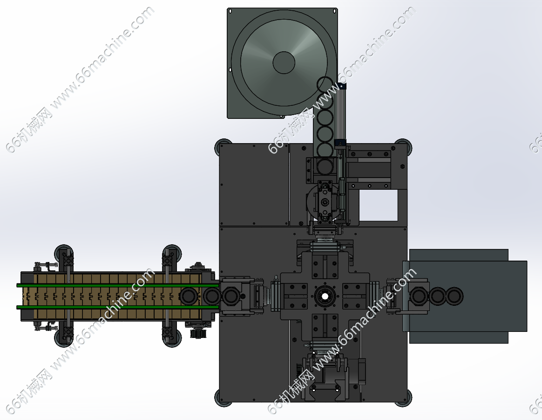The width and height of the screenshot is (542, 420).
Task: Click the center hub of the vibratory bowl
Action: [x=284, y=62]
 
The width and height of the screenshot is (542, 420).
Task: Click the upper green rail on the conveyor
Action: [x=118, y=285]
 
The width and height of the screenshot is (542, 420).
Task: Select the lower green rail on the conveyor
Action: [x=118, y=307]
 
